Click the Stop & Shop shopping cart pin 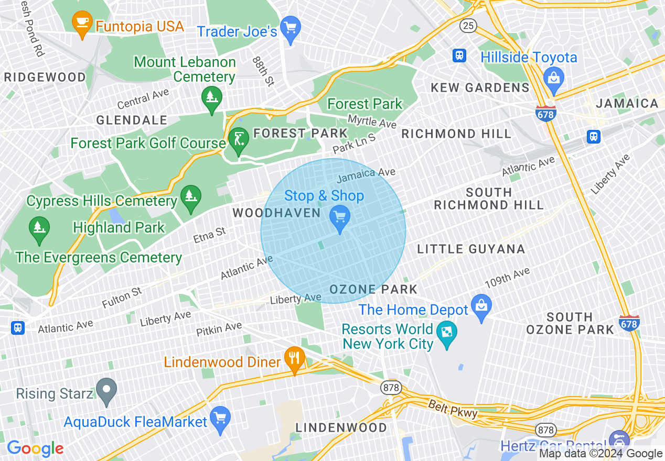click(340, 216)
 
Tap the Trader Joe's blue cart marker click(290, 27)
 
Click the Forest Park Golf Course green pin click(239, 140)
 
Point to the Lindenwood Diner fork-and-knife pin click(294, 358)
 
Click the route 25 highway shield click(468, 25)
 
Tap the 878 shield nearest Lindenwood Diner click(391, 388)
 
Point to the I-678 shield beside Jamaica click(546, 113)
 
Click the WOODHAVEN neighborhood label click(276, 213)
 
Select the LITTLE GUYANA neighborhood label click(471, 249)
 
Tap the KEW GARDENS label click(480, 87)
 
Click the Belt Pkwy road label click(453, 409)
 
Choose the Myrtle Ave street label click(372, 122)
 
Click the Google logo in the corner click(35, 448)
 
